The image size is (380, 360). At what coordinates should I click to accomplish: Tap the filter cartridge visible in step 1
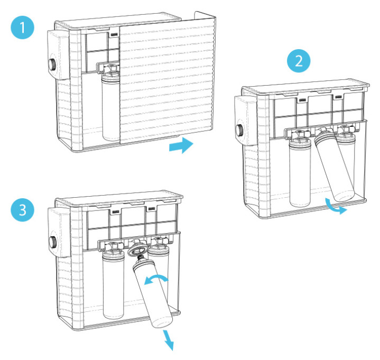point(110,106)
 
